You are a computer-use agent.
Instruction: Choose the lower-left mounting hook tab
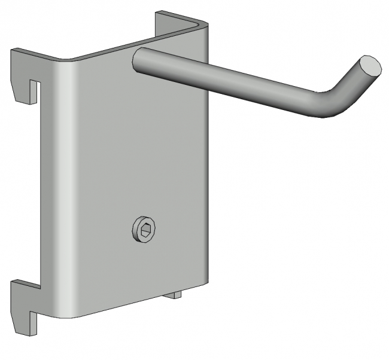coord(24,299)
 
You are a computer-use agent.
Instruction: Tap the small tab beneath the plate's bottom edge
coord(175,294)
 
